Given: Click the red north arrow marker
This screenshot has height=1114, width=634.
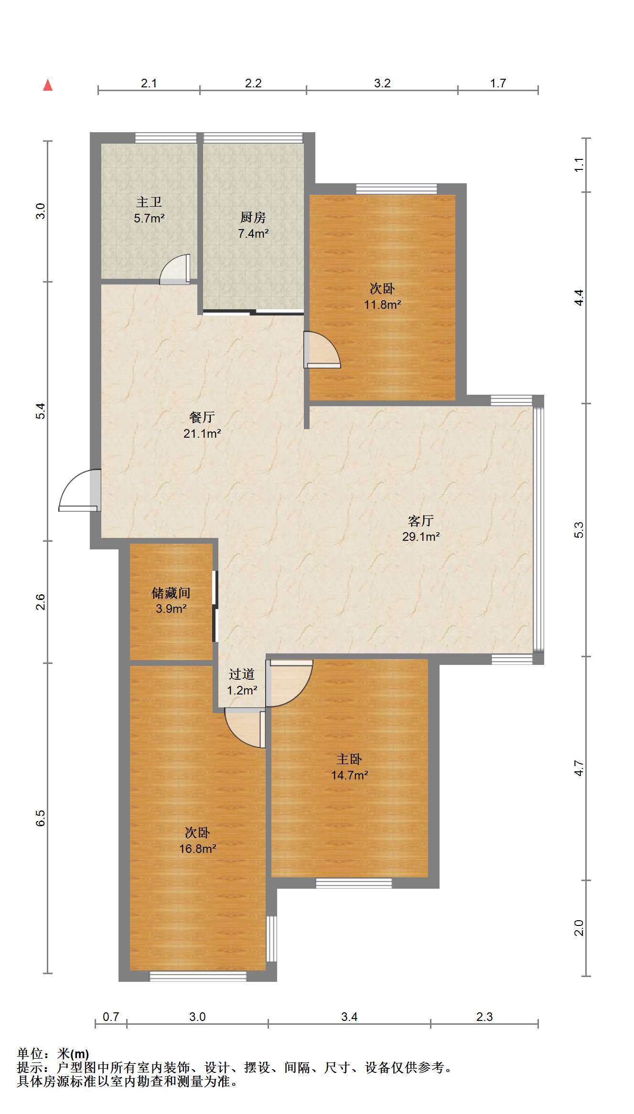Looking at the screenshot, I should click(x=48, y=85).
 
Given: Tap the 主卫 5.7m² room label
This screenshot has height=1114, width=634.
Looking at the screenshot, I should click(x=149, y=210).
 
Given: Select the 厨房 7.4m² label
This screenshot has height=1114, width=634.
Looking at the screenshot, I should click(x=253, y=225).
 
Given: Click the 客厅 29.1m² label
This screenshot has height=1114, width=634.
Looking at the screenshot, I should click(x=420, y=528).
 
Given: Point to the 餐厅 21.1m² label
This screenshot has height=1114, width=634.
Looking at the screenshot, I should click(x=202, y=425).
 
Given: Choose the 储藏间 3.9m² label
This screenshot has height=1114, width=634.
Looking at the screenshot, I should click(x=171, y=600).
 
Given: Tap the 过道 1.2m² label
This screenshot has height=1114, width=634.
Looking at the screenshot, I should click(x=242, y=682).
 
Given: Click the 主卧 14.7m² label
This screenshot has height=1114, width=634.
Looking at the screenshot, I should click(x=349, y=767).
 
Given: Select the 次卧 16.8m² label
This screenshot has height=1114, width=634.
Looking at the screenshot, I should click(x=197, y=841).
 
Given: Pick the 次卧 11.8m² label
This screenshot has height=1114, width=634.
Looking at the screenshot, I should click(x=382, y=296).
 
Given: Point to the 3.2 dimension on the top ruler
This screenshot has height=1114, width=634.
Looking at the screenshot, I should click(x=382, y=83).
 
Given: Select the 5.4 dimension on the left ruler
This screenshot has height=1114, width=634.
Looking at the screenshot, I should click(x=41, y=411).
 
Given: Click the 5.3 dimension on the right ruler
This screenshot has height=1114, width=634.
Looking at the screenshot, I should click(x=579, y=530).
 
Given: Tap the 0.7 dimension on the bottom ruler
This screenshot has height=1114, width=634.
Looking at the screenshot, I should click(x=111, y=1017).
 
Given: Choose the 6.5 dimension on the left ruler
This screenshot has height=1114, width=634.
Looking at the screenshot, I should click(x=41, y=818).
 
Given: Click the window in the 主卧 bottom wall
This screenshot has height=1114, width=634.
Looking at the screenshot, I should click(x=354, y=883).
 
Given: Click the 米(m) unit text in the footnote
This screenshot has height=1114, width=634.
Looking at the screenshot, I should click(x=73, y=1054).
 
